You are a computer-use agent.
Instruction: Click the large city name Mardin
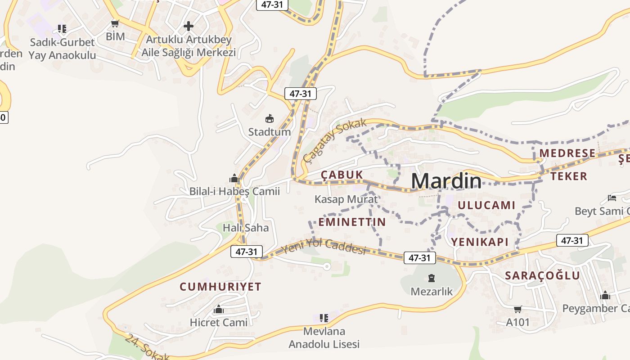(x=446, y=181)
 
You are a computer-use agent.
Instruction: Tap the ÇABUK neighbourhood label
(x=342, y=175)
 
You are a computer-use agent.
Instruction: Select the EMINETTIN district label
(x=352, y=222)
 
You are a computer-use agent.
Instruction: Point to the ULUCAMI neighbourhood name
(x=486, y=205)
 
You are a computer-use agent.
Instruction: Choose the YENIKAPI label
(x=480, y=242)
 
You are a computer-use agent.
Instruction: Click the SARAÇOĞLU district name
(x=542, y=275)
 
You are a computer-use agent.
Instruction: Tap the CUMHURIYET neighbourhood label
(x=220, y=287)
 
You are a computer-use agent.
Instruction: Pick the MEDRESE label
(x=567, y=153)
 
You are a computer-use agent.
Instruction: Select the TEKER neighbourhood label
(x=569, y=176)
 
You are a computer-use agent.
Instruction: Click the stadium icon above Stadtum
(x=270, y=119)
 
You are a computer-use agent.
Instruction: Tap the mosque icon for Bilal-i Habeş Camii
(x=234, y=178)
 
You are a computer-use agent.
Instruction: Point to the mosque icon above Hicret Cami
(x=219, y=310)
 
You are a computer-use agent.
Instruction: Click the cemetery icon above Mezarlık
(x=432, y=278)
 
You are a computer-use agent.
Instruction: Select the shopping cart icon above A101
(x=518, y=309)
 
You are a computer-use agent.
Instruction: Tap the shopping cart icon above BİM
(x=115, y=23)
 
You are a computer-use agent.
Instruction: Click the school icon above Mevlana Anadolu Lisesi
(x=324, y=318)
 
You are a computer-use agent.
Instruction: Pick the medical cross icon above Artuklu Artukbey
(x=189, y=26)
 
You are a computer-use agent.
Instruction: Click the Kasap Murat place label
(x=346, y=199)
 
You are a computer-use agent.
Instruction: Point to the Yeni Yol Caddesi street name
(x=324, y=247)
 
